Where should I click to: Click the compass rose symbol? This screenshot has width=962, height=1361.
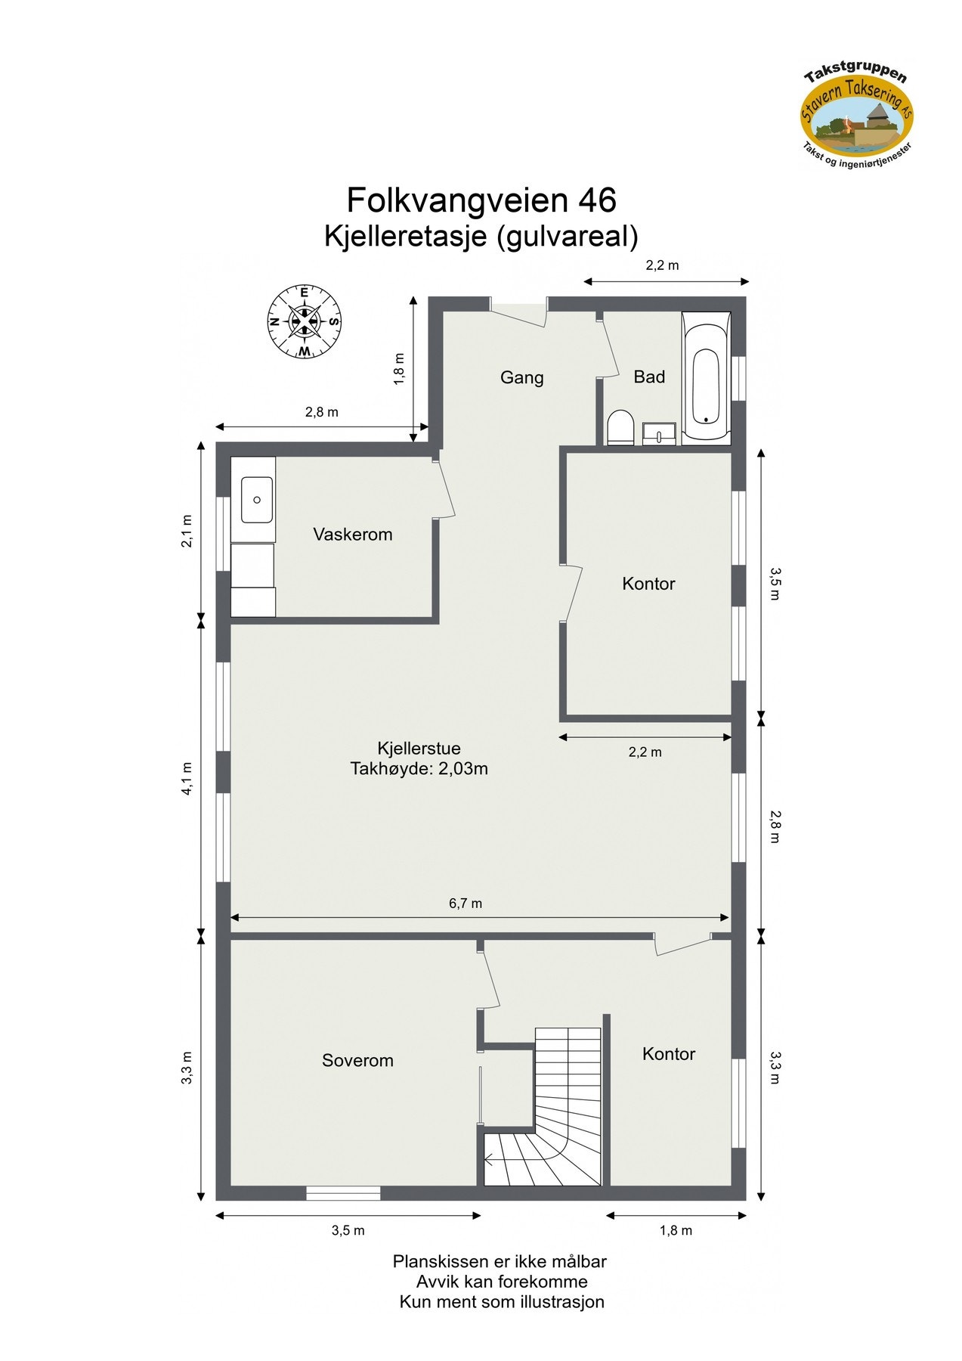pyautogui.click(x=304, y=321)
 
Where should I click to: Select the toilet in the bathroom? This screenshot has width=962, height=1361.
pyautogui.click(x=620, y=428)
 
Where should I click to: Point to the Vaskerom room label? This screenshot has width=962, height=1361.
pyautogui.click(x=353, y=535)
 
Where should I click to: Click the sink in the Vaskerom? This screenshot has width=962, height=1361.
pyautogui.click(x=257, y=500)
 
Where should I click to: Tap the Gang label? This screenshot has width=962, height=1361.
pyautogui.click(x=521, y=377)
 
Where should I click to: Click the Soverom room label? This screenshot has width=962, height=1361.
pyautogui.click(x=357, y=1060)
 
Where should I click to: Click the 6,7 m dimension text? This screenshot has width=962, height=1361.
pyautogui.click(x=466, y=903)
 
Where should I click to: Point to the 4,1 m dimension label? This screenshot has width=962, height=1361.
pyautogui.click(x=187, y=779)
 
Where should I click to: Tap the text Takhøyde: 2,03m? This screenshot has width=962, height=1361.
pyautogui.click(x=419, y=769)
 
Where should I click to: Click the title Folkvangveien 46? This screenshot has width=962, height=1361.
pyautogui.click(x=481, y=200)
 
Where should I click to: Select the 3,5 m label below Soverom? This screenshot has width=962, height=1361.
pyautogui.click(x=348, y=1230)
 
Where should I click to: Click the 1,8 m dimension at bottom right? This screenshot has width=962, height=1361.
pyautogui.click(x=676, y=1230)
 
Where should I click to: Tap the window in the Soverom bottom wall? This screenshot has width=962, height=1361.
pyautogui.click(x=343, y=1193)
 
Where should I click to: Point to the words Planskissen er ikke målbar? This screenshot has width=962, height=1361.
pyautogui.click(x=499, y=1261)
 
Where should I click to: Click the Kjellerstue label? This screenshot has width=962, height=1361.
pyautogui.click(x=419, y=748)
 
